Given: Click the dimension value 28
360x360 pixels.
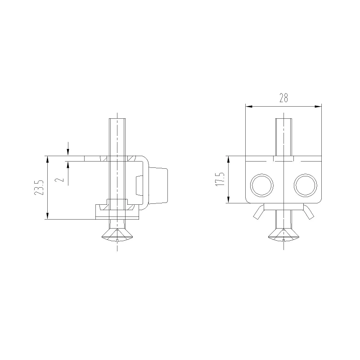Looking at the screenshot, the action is pos(283,98).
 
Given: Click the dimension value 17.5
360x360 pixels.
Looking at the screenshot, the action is pos(220,179).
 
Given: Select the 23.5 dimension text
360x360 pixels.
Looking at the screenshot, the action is pos(39,188).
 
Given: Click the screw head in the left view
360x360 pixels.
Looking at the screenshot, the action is pos(117,235).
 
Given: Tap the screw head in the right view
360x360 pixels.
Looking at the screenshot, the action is pos(284,235).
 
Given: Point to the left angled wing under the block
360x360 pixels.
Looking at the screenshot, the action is pos(258,212).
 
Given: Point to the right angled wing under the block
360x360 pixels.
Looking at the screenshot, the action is pos(309,212).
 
